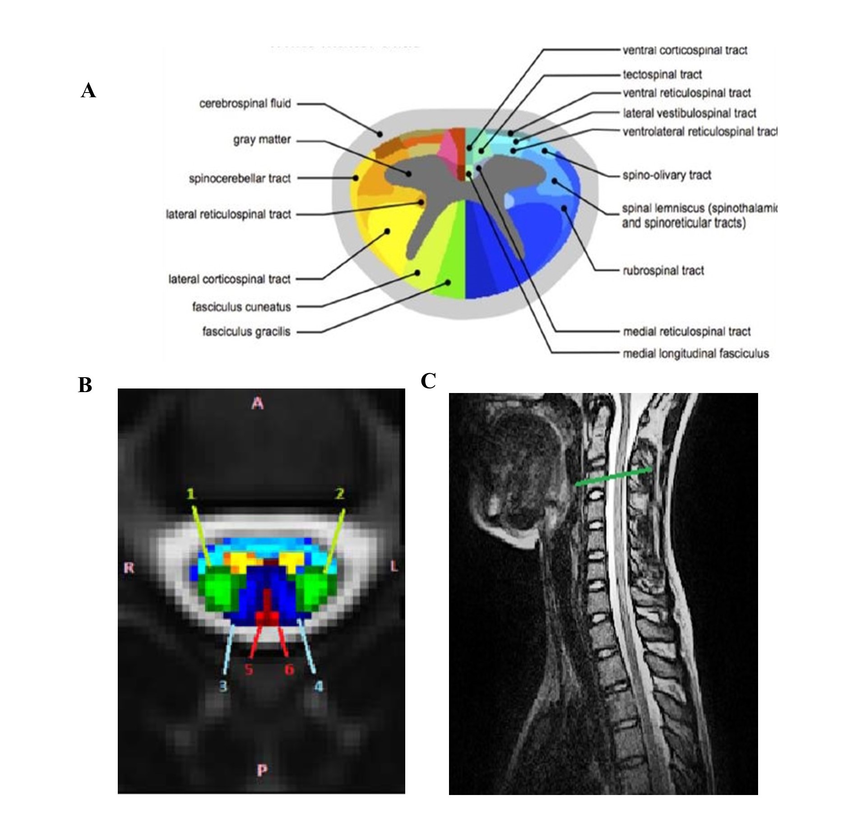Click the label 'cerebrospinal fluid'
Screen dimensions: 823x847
pos(245,104)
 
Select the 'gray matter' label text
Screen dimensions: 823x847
pos(262,140)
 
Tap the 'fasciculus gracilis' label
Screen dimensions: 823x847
pos(246,332)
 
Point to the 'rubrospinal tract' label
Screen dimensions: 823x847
pos(663,271)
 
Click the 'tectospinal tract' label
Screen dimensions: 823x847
pos(662,74)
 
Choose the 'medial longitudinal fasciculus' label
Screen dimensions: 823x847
pos(695,354)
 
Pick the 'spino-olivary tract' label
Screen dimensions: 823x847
pos(666,175)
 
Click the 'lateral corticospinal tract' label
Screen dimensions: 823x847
pos(229,280)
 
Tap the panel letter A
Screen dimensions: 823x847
pos(88,91)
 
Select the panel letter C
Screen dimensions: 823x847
pos(428,382)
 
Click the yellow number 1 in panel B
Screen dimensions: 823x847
pos(191,495)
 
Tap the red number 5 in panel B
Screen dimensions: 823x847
pos(249,669)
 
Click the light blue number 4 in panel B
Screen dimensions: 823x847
pos(319,686)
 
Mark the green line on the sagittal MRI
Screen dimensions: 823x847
pos(613,476)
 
